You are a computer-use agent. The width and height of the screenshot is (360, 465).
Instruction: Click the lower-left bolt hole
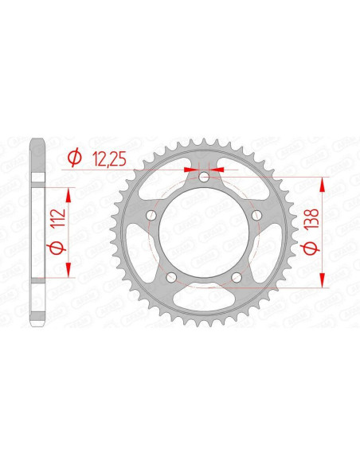[x=170, y=277]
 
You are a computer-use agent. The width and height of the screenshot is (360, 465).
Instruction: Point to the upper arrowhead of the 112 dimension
[x=69, y=193]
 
